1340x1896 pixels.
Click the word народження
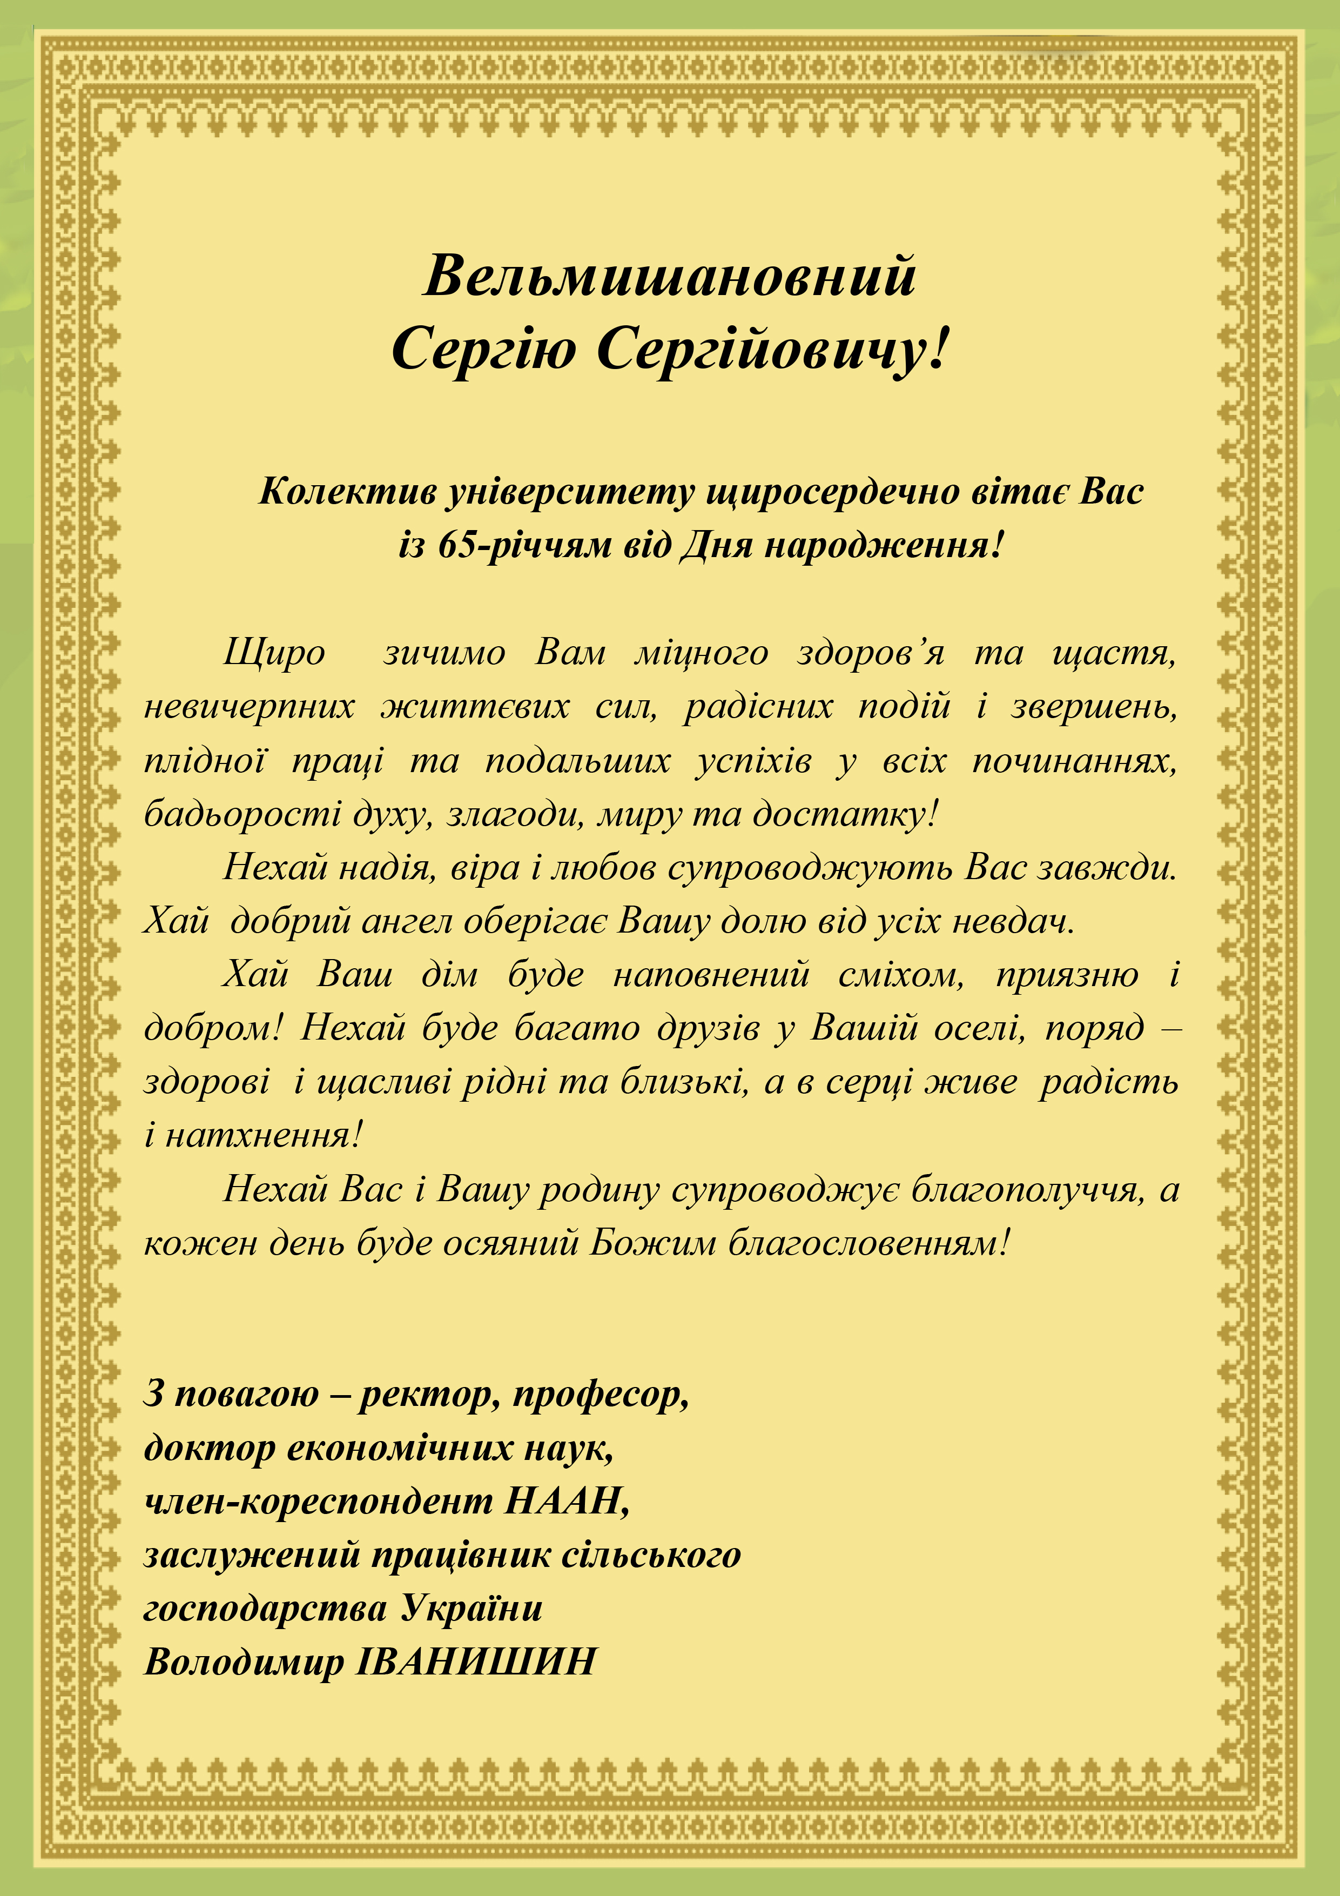[879, 545]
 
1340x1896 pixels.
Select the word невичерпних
[250, 707]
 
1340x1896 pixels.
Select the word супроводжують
[810, 868]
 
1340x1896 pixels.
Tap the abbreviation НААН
[565, 1501]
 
